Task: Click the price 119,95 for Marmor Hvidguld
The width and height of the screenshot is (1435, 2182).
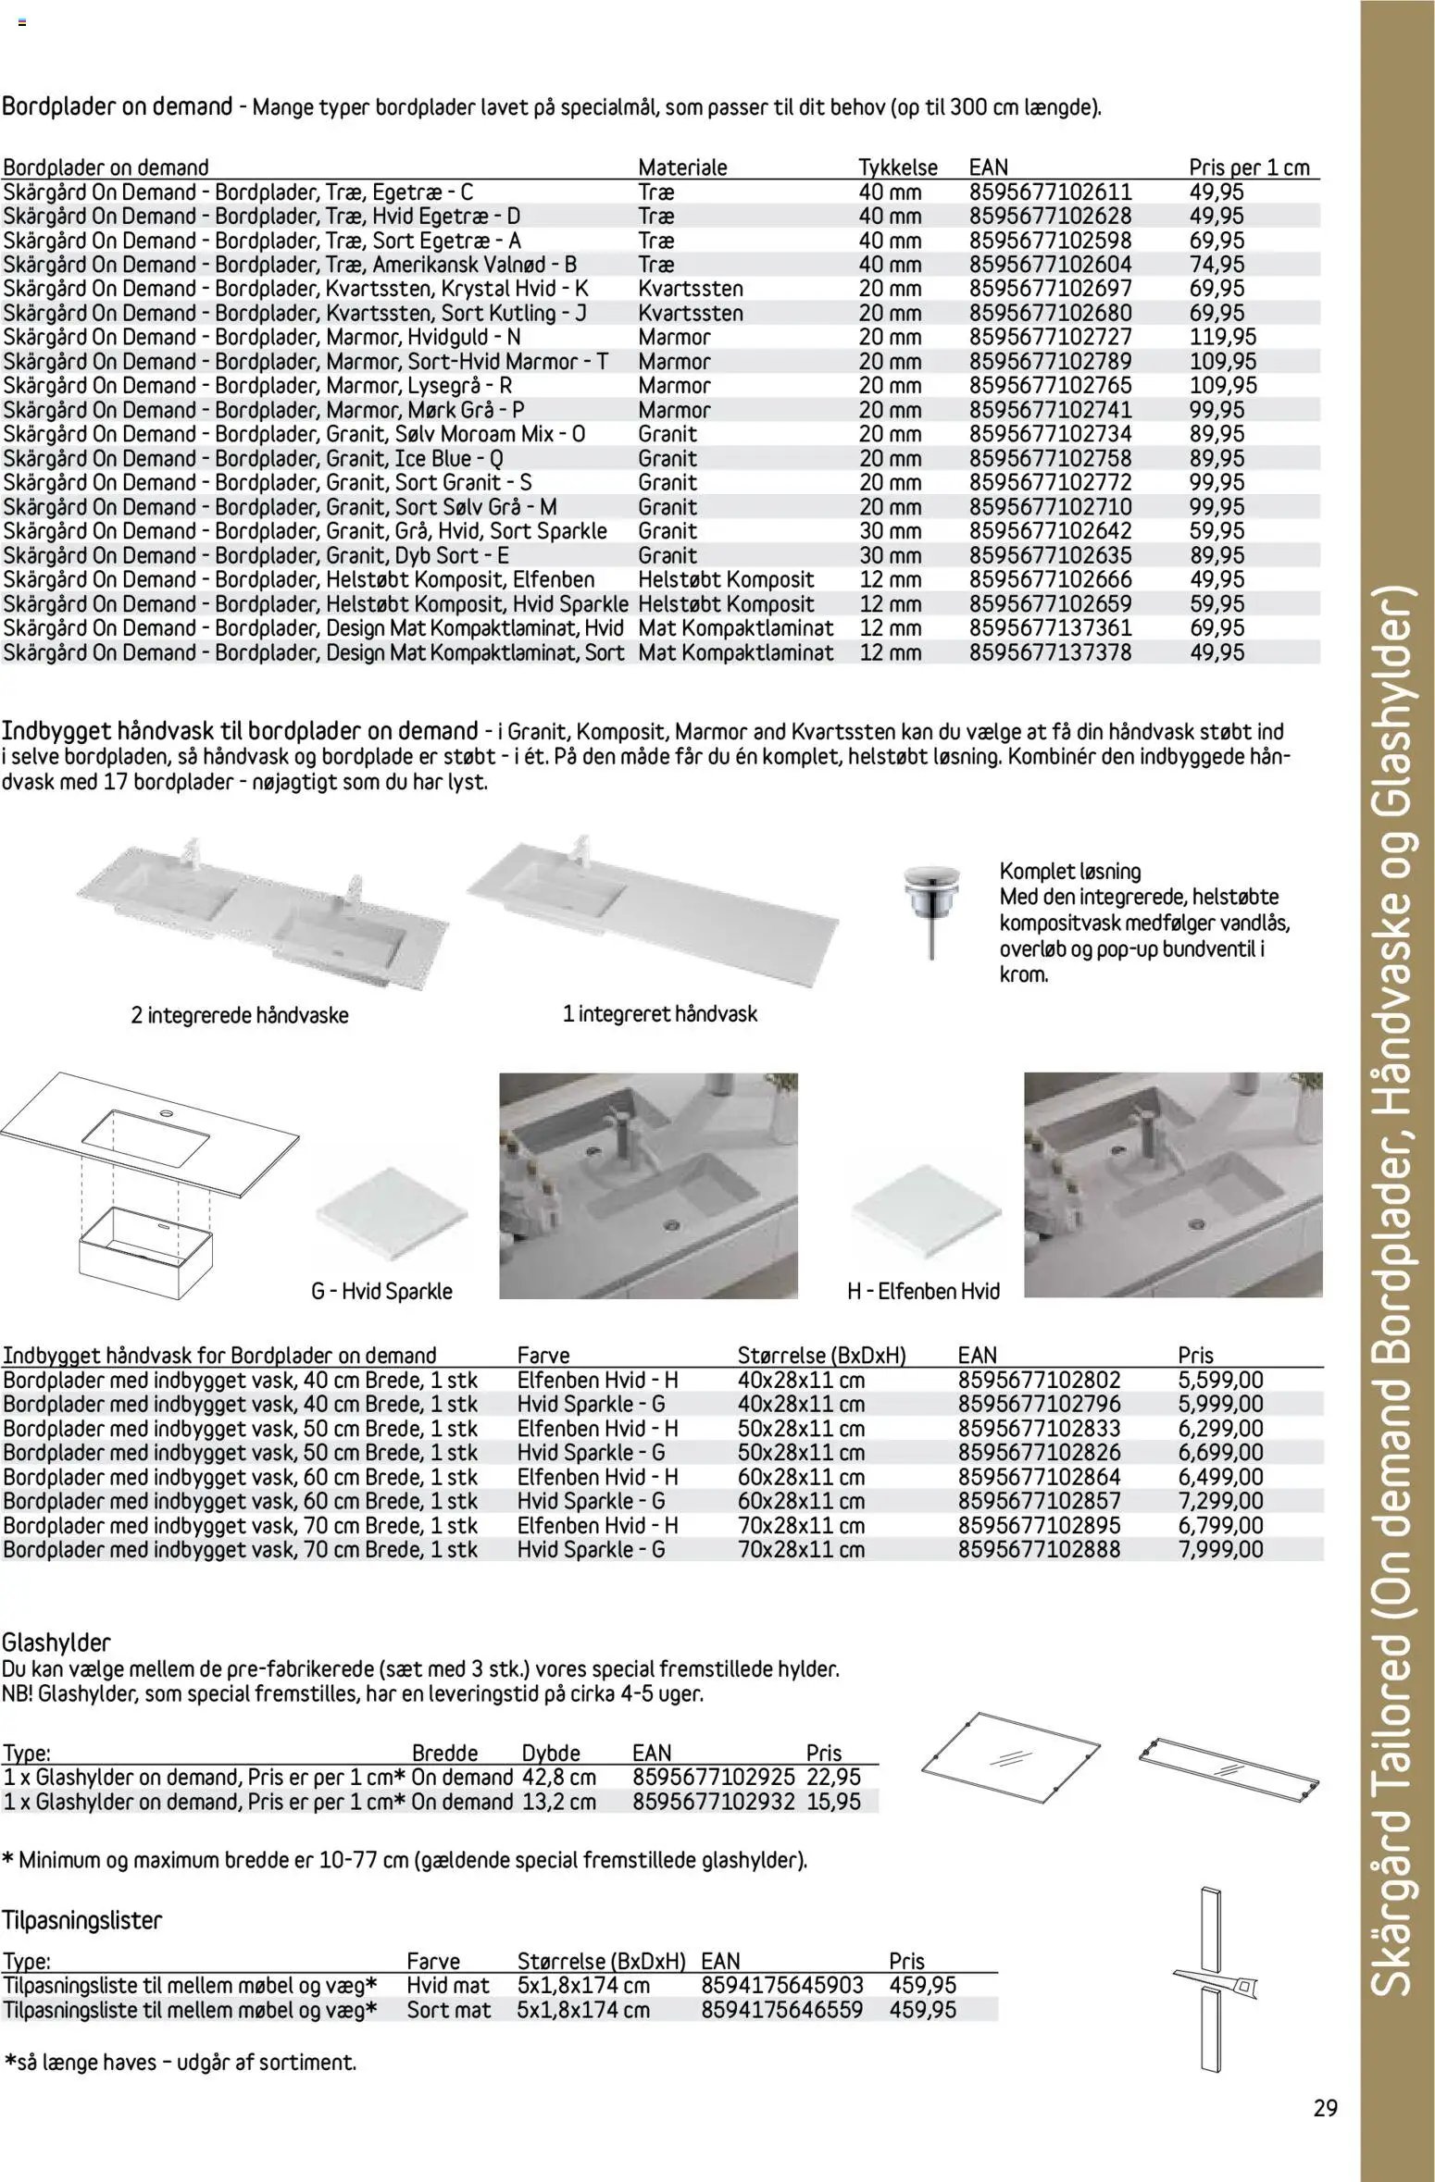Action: tap(1222, 338)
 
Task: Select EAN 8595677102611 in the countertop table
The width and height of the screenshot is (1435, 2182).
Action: tap(1050, 192)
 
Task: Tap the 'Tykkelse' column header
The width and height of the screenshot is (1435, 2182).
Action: tap(897, 167)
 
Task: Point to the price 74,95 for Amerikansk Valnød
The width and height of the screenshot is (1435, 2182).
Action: tap(1217, 265)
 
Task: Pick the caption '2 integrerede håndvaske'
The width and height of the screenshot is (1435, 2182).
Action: tap(240, 1015)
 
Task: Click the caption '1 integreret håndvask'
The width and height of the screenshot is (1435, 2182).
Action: tap(659, 1014)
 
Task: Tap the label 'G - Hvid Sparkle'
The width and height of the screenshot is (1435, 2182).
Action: tap(381, 1291)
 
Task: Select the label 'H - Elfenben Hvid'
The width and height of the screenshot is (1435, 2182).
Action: tap(923, 1291)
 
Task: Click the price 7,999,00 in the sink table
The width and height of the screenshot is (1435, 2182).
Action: tap(1220, 1550)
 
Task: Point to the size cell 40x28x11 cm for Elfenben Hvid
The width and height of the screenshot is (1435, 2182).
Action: tap(801, 1380)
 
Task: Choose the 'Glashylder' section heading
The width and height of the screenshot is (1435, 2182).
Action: tap(56, 1643)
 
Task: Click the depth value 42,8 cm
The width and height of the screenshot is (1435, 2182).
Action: tap(558, 1778)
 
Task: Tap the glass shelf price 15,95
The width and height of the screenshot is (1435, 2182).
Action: tap(833, 1802)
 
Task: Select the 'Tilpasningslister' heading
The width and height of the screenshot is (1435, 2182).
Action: tap(81, 1921)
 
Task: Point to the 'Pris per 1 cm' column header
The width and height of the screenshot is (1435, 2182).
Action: tap(1249, 167)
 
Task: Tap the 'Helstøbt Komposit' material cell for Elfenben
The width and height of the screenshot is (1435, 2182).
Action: tap(726, 580)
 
